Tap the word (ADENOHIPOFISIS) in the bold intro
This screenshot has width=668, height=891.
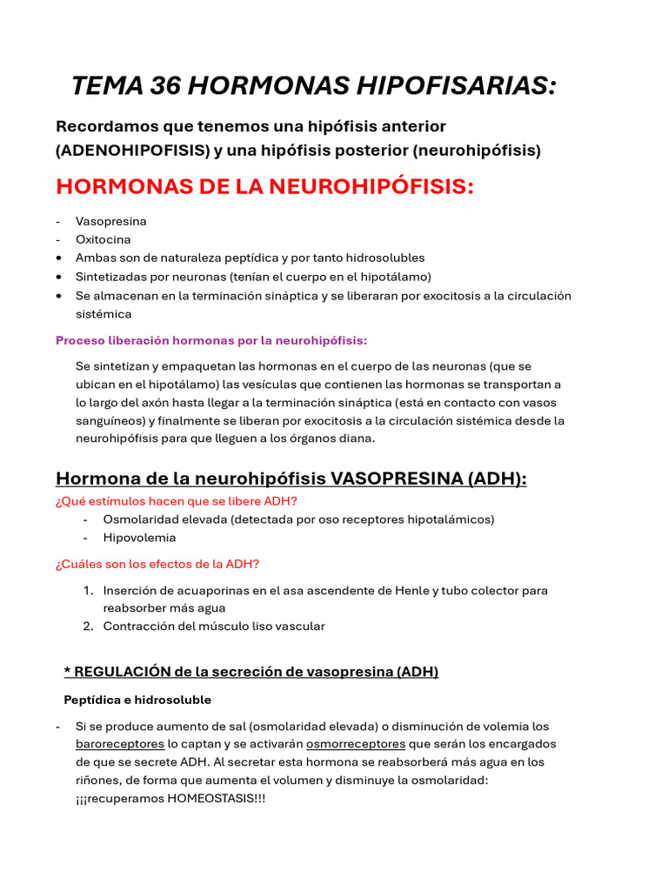coord(132,151)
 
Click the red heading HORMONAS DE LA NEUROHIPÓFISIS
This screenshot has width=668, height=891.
coord(264,186)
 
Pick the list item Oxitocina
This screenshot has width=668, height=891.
coord(104,239)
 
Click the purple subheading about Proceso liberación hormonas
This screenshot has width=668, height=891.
coord(211,340)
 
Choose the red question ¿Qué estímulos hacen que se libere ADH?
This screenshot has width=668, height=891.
coord(177,500)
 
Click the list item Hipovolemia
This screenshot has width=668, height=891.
coord(139,538)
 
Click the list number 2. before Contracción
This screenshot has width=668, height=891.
coord(88,626)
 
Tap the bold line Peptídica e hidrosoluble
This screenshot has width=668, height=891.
coord(137,700)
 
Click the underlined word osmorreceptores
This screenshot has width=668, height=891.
coord(356,744)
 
